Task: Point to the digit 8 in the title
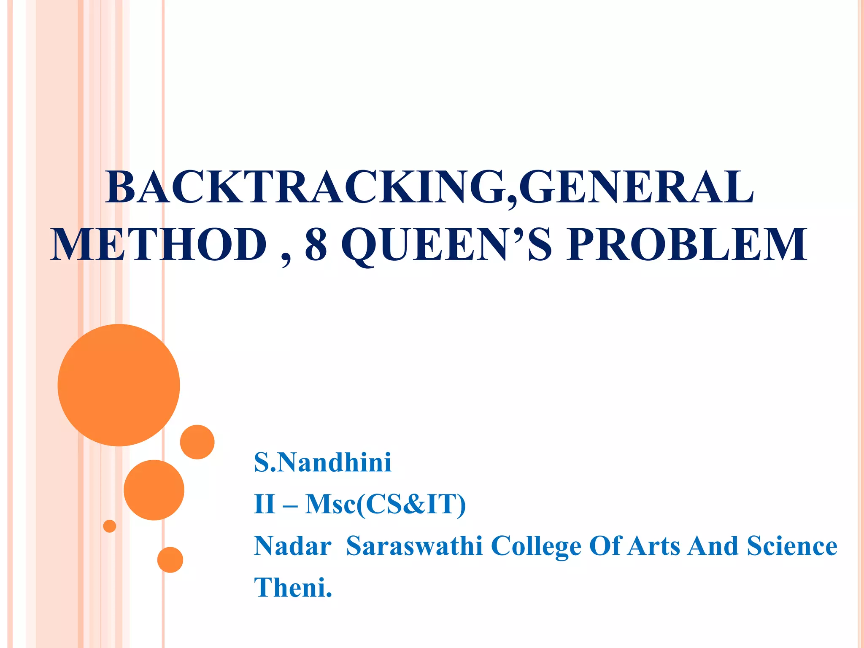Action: click(316, 244)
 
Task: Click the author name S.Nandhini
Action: click(323, 462)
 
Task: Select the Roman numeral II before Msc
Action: click(265, 504)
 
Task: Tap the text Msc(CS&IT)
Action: click(385, 504)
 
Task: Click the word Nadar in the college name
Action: click(292, 546)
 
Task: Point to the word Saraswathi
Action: click(414, 546)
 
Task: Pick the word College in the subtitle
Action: click(536, 547)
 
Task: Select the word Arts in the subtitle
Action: click(653, 546)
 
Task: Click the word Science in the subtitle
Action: click(792, 546)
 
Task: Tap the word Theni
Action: click(293, 587)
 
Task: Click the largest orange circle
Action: click(119, 385)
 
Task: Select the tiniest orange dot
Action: click(110, 526)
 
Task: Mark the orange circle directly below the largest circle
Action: click(154, 490)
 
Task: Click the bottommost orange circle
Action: click(170, 560)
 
